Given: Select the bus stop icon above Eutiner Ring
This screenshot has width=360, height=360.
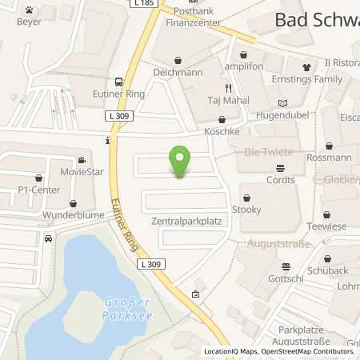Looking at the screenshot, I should pos(118,81).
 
